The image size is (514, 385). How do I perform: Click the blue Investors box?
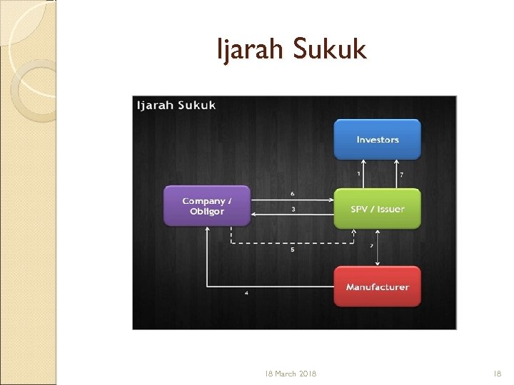pyautogui.click(x=378, y=140)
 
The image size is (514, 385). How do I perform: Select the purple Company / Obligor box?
pyautogui.click(x=207, y=205)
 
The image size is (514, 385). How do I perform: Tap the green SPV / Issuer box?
pyautogui.click(x=378, y=209)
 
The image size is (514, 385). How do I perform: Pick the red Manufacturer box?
pyautogui.click(x=378, y=287)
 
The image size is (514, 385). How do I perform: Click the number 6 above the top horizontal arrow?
pyautogui.click(x=293, y=193)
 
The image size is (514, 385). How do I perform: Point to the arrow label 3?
pyautogui.click(x=293, y=210)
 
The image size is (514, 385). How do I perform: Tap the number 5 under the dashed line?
pyautogui.click(x=293, y=250)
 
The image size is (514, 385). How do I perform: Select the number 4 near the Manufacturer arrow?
pyautogui.click(x=246, y=292)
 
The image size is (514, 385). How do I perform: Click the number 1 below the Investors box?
pyautogui.click(x=358, y=173)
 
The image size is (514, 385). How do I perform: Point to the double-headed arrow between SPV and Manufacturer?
pyautogui.click(x=378, y=247)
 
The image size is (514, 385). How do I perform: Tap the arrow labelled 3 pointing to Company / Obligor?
pyautogui.click(x=293, y=215)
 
